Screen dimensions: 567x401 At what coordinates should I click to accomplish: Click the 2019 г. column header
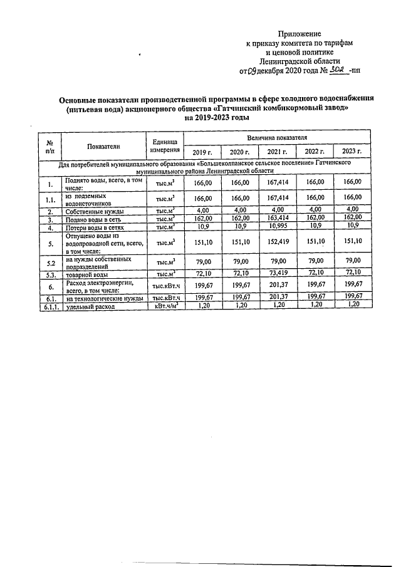202,152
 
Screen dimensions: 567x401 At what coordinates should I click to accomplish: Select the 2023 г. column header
352,152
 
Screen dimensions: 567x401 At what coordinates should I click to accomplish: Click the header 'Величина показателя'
277,137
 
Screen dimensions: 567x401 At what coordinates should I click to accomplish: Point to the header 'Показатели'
104,146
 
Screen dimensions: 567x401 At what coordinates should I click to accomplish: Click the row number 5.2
49,261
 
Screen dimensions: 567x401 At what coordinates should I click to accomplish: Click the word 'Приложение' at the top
299,33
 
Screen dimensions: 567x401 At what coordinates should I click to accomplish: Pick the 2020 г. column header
239,152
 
